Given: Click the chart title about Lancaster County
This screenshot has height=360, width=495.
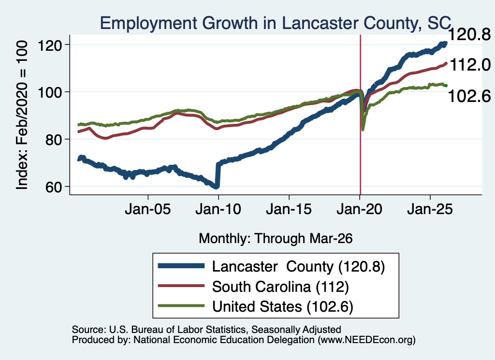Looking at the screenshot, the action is pyautogui.click(x=276, y=23).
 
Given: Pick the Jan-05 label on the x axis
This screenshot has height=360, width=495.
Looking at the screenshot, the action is pyautogui.click(x=148, y=209).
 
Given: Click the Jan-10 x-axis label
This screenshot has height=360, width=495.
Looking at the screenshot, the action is pyautogui.click(x=218, y=209).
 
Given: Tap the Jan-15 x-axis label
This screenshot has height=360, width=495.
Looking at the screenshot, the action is pyautogui.click(x=289, y=209).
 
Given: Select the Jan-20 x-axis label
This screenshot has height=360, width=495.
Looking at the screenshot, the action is pyautogui.click(x=360, y=209).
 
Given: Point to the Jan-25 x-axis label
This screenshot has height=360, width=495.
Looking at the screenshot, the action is pyautogui.click(x=430, y=209).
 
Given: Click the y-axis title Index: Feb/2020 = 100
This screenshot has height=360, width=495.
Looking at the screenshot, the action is pyautogui.click(x=22, y=115).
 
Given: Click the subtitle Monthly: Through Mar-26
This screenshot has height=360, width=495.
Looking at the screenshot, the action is pyautogui.click(x=276, y=239).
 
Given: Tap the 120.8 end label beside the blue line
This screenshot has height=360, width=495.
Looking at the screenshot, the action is pyautogui.click(x=469, y=34).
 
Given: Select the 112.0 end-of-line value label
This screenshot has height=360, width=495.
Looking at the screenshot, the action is pyautogui.click(x=470, y=65).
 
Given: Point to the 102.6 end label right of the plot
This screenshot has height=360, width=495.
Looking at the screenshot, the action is pyautogui.click(x=469, y=96).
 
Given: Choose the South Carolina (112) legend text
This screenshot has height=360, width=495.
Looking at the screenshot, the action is pyautogui.click(x=280, y=287).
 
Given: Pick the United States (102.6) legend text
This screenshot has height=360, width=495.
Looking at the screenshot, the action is pyautogui.click(x=282, y=307).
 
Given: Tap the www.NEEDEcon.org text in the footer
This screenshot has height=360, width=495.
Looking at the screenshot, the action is pyautogui.click(x=366, y=340).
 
